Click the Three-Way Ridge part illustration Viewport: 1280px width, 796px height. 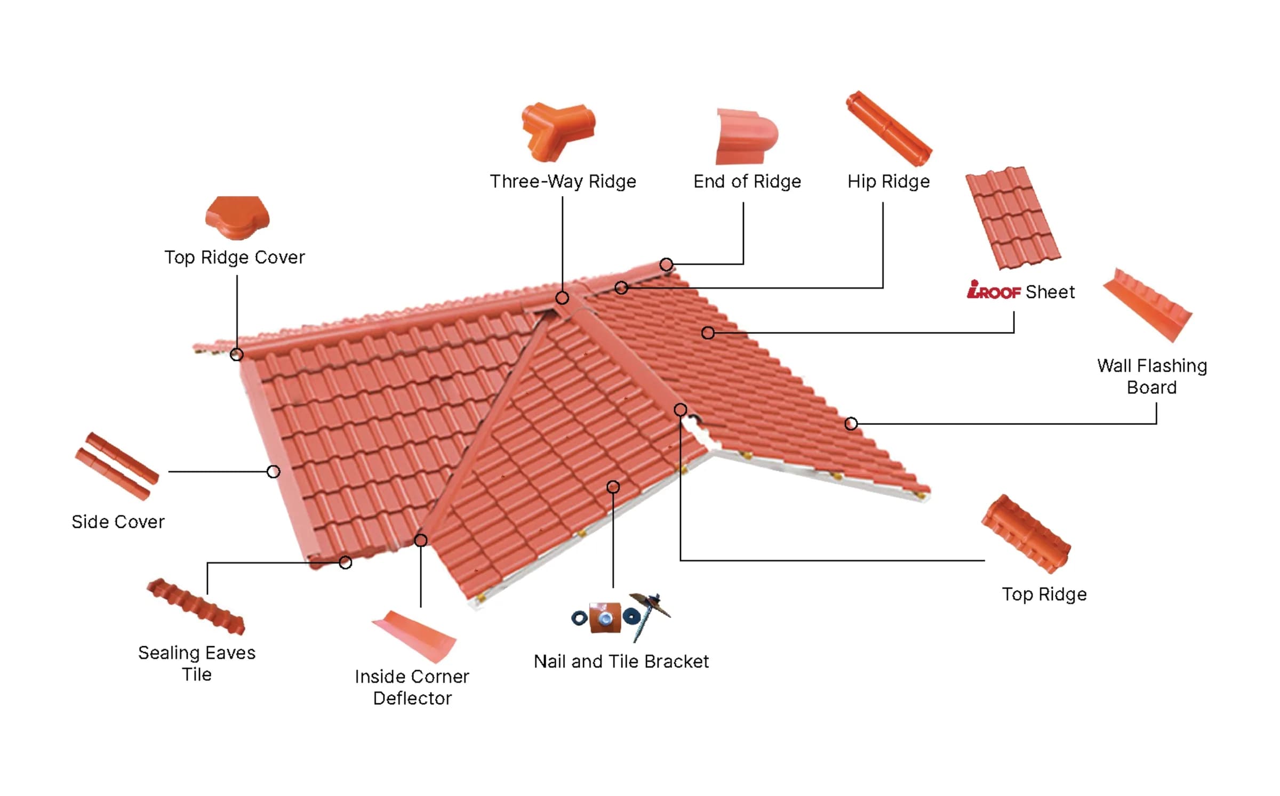point(558,131)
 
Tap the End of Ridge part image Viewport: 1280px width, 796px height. point(746,137)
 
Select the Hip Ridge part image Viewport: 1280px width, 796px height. point(889,128)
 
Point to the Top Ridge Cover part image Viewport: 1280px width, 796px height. point(237,218)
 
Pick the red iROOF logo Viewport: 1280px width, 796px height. point(994,290)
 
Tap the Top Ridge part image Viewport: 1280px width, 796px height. point(1026,534)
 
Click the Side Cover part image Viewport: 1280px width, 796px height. point(117,467)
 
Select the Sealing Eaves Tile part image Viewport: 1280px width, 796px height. point(196,607)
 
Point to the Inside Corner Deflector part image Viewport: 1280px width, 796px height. point(414,636)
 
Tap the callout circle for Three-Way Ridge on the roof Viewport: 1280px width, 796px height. point(562,298)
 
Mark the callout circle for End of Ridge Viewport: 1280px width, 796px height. point(666,264)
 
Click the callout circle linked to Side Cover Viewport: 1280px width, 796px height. point(273,471)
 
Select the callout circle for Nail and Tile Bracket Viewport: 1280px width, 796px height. point(613,487)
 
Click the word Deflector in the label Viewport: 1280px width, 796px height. point(412,698)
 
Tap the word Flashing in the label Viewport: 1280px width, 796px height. point(1172,366)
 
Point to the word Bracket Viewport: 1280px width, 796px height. point(676,662)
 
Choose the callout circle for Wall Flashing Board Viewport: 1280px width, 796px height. point(851,424)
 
